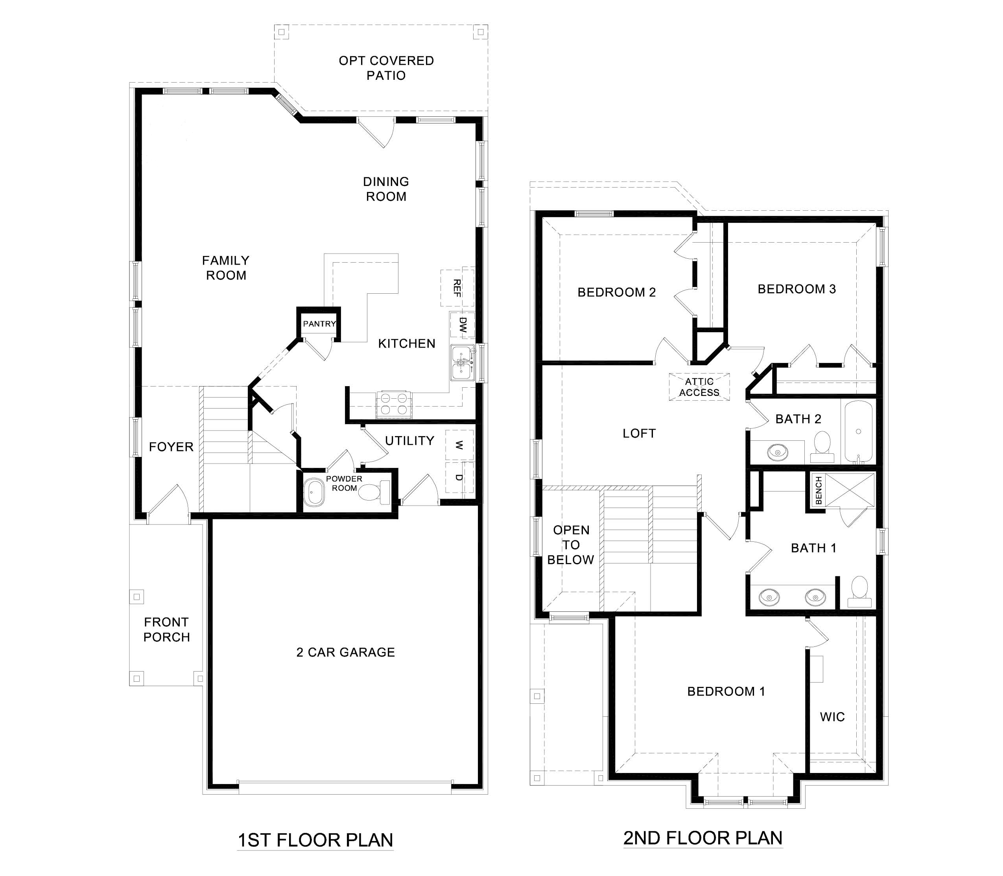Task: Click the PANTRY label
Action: pos(319,324)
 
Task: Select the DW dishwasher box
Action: pos(462,325)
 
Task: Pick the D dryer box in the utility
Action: pos(459,477)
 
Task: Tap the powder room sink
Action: pos(314,493)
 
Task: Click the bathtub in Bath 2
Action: pos(859,432)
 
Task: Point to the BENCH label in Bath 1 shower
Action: pos(819,491)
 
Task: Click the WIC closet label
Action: pos(832,717)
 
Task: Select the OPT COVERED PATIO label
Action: pos(386,68)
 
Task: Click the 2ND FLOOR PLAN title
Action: pos(703,838)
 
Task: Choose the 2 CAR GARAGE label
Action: pos(345,652)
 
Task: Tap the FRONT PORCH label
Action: pos(166,629)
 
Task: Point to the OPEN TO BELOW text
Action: pos(571,545)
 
